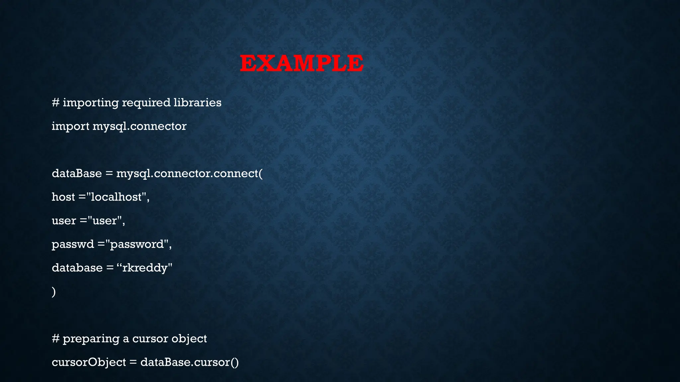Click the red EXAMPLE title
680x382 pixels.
(x=301, y=63)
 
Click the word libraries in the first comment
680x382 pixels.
(x=197, y=102)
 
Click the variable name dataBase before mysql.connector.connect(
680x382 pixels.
(x=77, y=173)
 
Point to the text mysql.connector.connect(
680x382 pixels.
(x=189, y=173)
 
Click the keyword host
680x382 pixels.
(x=63, y=197)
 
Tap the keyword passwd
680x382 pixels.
(x=73, y=244)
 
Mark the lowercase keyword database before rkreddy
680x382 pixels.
(x=77, y=268)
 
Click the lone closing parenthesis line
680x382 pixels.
(x=54, y=291)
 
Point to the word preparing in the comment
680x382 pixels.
(x=91, y=339)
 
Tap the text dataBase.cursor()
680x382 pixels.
(x=189, y=362)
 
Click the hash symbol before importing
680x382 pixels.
(x=55, y=102)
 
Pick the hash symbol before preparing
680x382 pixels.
(x=55, y=339)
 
